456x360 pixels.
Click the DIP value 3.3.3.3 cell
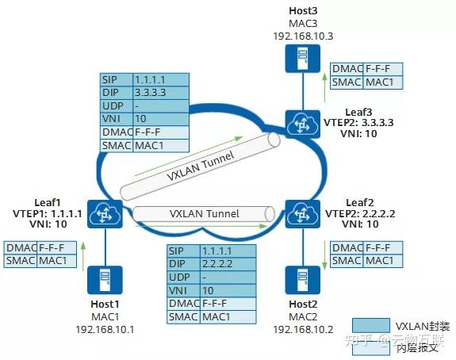(161, 92)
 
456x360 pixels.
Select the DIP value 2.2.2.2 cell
(228, 264)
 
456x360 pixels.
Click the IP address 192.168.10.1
(105, 327)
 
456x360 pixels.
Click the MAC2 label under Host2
(303, 316)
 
